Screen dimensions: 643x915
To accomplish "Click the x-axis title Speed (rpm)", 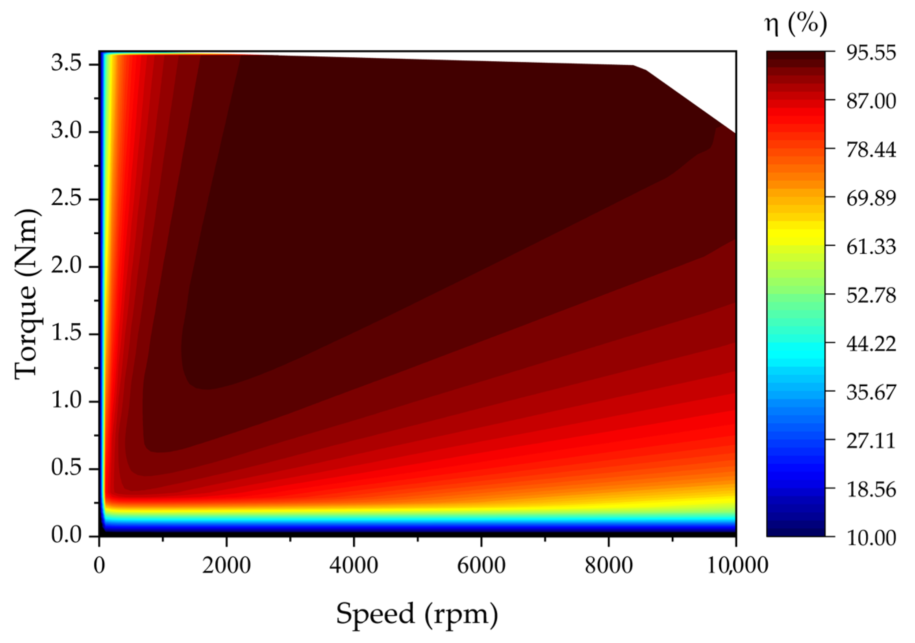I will (x=417, y=614).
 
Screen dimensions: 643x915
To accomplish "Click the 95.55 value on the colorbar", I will (x=871, y=53).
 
